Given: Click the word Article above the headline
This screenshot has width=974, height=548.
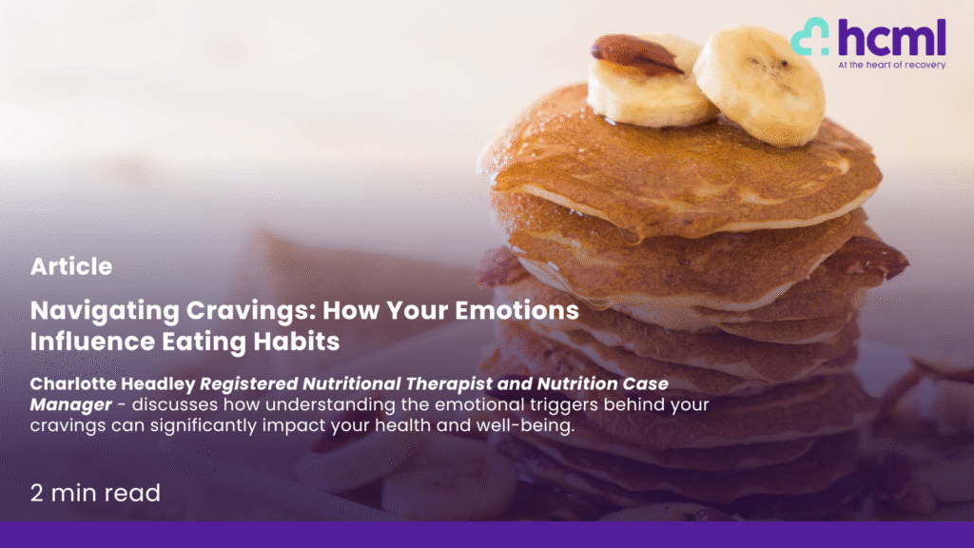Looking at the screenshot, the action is point(71,266).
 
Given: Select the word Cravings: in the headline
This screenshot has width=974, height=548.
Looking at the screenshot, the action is point(251,311).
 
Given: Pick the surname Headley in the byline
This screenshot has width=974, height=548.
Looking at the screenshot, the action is point(158,384).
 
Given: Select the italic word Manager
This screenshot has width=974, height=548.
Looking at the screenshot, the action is point(70,405).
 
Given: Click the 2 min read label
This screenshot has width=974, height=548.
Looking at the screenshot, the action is point(96,494).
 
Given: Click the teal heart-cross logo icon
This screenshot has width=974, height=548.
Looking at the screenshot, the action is point(810,36).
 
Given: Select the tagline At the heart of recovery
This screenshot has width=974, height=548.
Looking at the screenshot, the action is point(891,65).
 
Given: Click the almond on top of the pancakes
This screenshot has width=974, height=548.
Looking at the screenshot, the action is point(636,54).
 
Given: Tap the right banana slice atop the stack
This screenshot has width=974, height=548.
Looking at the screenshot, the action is point(759,85).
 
